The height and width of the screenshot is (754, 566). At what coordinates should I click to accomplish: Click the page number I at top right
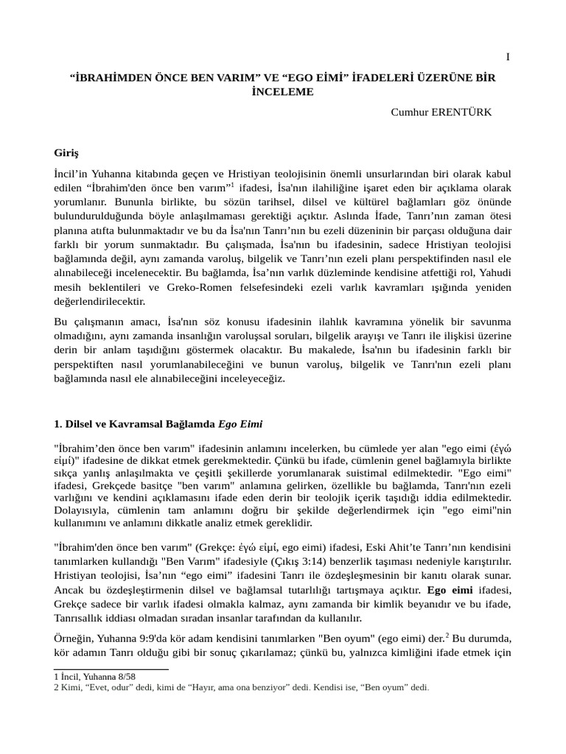(508, 57)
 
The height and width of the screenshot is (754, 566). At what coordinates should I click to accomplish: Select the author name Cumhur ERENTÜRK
(441, 111)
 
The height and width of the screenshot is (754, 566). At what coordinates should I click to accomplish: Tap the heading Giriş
(66, 153)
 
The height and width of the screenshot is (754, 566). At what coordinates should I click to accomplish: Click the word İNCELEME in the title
(282, 92)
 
